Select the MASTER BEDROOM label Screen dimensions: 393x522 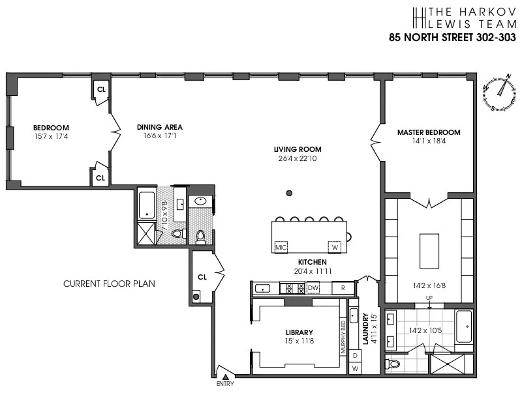(x=429, y=132)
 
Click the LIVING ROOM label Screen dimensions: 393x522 (x=298, y=149)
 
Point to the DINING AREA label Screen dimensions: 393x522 (x=159, y=127)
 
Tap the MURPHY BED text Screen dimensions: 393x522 (x=343, y=336)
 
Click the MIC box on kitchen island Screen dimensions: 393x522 (x=281, y=248)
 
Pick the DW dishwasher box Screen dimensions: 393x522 (x=313, y=287)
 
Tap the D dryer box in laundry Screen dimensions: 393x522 (x=355, y=356)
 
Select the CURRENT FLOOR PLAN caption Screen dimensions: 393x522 (x=109, y=284)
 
